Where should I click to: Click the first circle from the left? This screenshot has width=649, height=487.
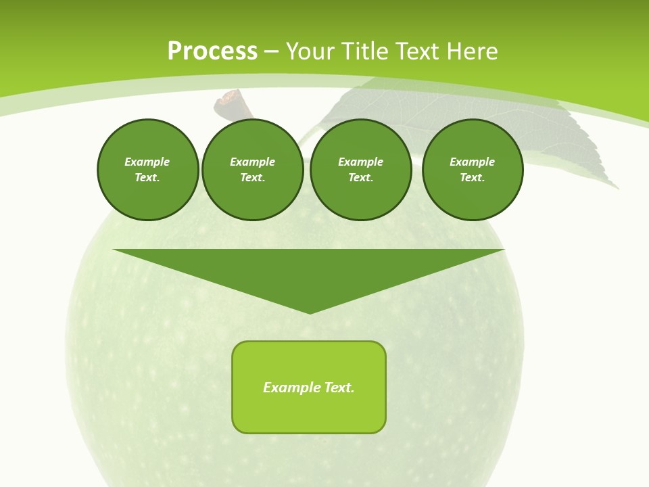[147, 170]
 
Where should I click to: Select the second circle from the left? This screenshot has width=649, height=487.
[252, 170]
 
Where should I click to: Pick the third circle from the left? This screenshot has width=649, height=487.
[360, 170]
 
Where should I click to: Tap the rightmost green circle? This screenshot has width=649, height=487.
[473, 170]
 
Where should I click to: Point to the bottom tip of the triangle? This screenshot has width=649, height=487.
[310, 312]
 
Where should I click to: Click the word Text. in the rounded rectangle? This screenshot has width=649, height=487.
[339, 388]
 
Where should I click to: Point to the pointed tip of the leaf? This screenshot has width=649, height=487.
[616, 187]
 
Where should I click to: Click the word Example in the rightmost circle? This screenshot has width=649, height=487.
[472, 162]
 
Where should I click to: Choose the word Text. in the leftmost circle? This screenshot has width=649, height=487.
[147, 178]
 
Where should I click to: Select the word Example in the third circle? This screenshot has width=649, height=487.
[360, 162]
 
